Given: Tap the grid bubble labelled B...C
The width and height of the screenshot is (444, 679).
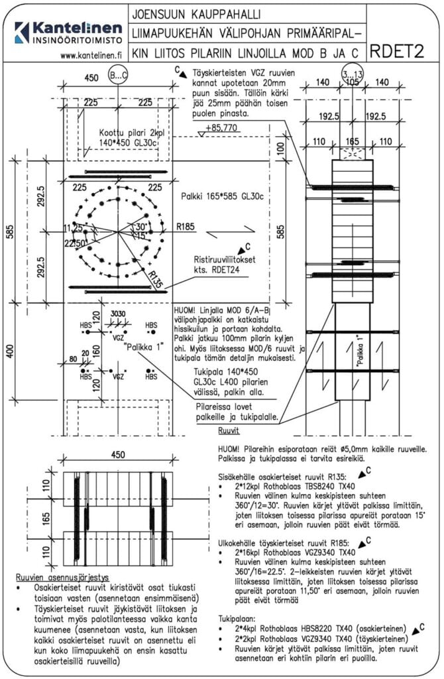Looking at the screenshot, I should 118,76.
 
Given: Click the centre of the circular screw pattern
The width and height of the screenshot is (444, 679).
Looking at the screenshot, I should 119,232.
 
